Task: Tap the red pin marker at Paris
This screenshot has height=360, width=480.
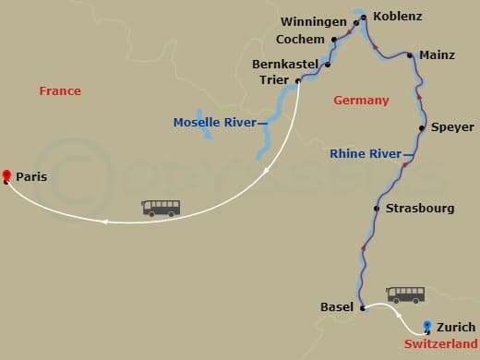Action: pyautogui.click(x=6, y=174)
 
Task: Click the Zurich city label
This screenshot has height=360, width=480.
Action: pyautogui.click(x=456, y=327)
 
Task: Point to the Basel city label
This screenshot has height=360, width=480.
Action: pyautogui.click(x=336, y=307)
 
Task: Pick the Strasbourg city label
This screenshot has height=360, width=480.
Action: pyautogui.click(x=420, y=209)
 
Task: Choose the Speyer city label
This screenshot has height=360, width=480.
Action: pyautogui.click(x=452, y=127)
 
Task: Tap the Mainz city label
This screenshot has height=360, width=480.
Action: pyautogui.click(x=437, y=55)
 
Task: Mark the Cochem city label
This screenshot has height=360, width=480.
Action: pyautogui.click(x=300, y=40)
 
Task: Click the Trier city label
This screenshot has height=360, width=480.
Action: pyautogui.click(x=274, y=80)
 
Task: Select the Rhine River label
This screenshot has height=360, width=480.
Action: pyautogui.click(x=365, y=154)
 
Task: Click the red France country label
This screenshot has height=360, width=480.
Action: pyautogui.click(x=60, y=91)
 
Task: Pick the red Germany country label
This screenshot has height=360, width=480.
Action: pyautogui.click(x=361, y=101)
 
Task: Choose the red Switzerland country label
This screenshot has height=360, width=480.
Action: pyautogui.click(x=440, y=343)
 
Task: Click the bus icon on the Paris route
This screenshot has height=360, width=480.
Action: pyautogui.click(x=161, y=208)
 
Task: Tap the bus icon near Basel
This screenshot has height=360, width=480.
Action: pyautogui.click(x=405, y=294)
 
